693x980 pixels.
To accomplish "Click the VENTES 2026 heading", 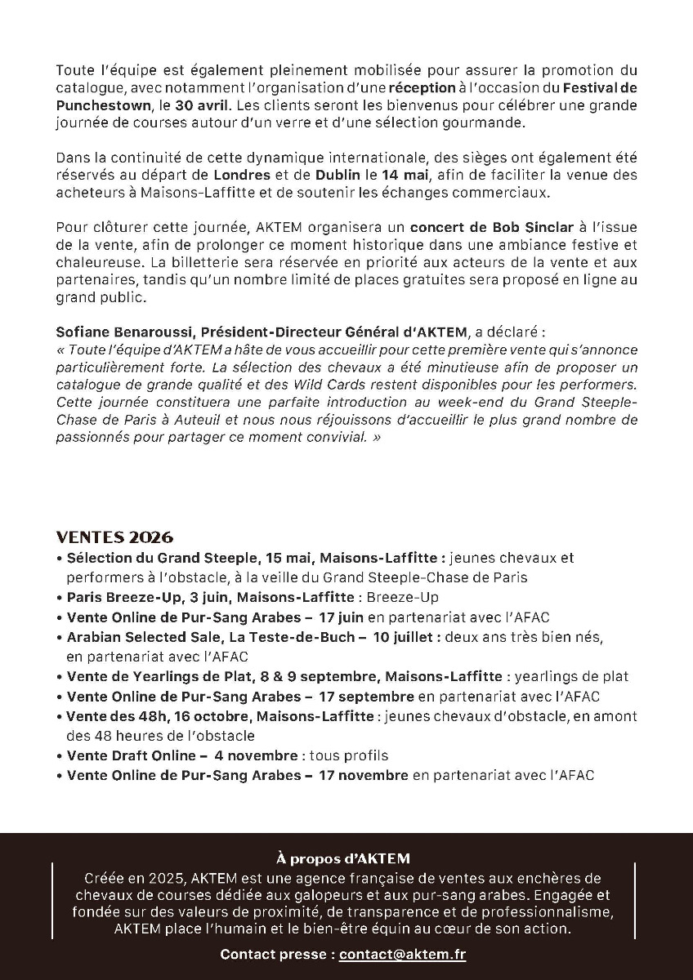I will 114,537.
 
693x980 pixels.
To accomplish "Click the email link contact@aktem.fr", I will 402,954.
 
